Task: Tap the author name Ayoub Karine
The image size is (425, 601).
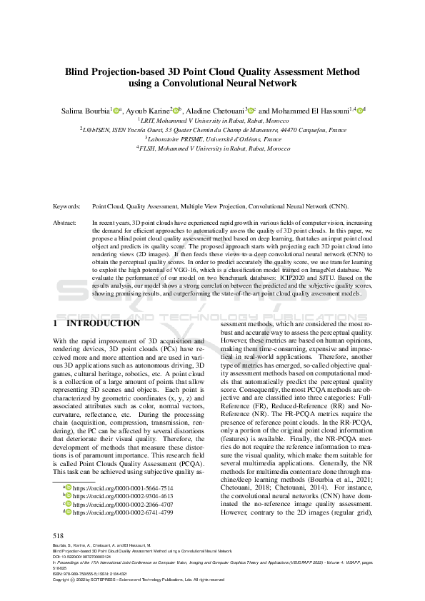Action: pyautogui.click(x=149, y=111)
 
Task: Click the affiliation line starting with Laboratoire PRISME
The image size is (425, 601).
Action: pyautogui.click(x=212, y=140)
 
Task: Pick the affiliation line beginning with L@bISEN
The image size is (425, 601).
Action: pyautogui.click(x=212, y=131)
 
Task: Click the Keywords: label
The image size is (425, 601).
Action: pyautogui.click(x=68, y=206)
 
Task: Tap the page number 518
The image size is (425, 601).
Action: pyautogui.click(x=59, y=536)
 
